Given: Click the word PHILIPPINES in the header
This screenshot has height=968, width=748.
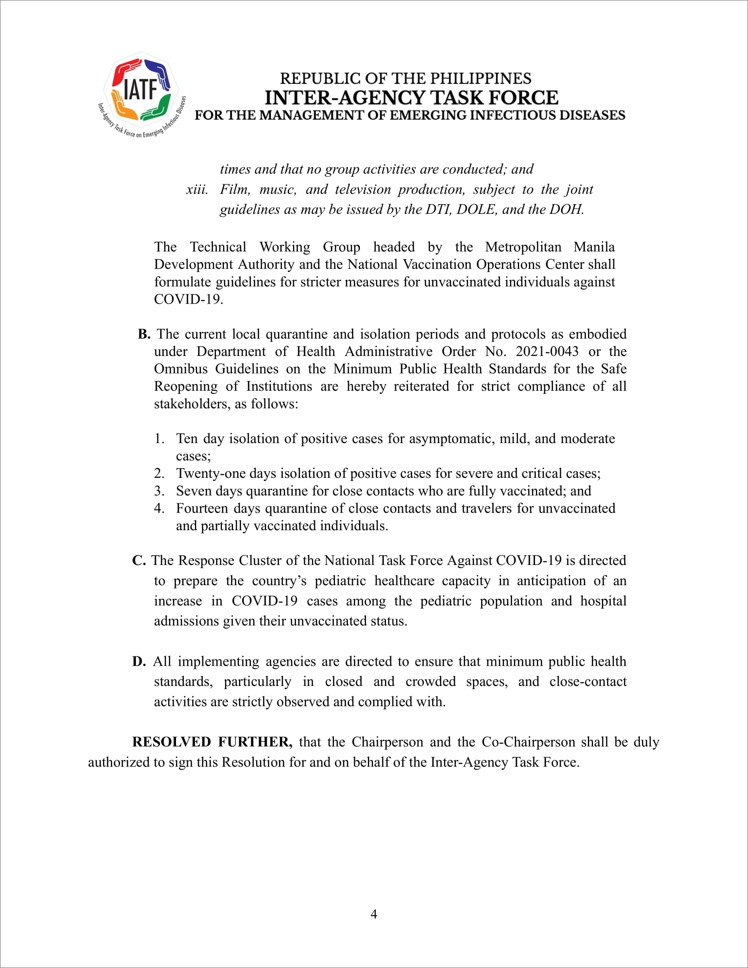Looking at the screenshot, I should click(x=481, y=78).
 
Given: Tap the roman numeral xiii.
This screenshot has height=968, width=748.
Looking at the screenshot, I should click(x=197, y=190).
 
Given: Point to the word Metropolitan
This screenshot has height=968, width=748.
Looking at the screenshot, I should click(x=523, y=247).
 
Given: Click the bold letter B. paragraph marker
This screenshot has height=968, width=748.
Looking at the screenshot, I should click(x=144, y=334).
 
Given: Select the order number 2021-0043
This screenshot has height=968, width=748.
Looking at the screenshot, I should click(x=547, y=352).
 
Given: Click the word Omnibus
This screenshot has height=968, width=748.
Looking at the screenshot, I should click(x=180, y=369).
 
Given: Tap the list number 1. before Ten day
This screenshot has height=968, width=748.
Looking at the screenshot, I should click(x=159, y=438).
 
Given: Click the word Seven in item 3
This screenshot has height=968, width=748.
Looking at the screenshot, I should click(x=193, y=491).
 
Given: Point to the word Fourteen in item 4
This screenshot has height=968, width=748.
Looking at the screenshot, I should click(x=202, y=508).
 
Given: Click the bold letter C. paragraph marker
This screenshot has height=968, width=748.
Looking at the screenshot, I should click(x=139, y=560).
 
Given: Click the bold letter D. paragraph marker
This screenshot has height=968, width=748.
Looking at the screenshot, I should click(x=139, y=661).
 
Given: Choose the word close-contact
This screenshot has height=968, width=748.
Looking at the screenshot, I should click(x=587, y=681).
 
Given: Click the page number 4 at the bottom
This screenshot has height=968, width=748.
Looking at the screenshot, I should click(x=374, y=914).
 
